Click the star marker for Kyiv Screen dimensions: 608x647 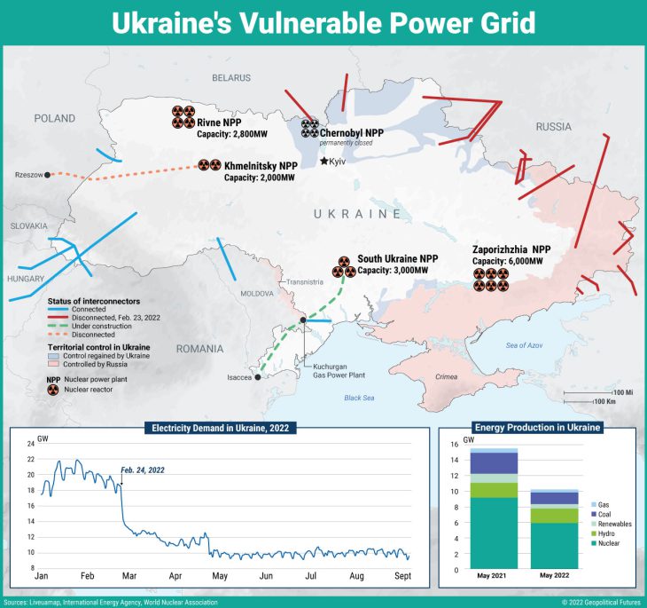[x=323, y=161]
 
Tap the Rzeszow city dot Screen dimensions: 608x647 [x=47, y=175]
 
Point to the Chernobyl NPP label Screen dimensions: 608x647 [x=352, y=132]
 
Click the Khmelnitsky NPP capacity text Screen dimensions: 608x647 [x=259, y=178]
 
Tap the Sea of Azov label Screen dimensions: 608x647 [x=528, y=344]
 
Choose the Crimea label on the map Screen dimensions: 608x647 [x=447, y=377]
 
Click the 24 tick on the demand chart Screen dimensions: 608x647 [x=31, y=444]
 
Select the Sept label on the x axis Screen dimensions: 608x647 [x=401, y=576]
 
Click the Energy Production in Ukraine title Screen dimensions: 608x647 [x=538, y=428]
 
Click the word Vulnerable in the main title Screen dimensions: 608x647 [x=324, y=22]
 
